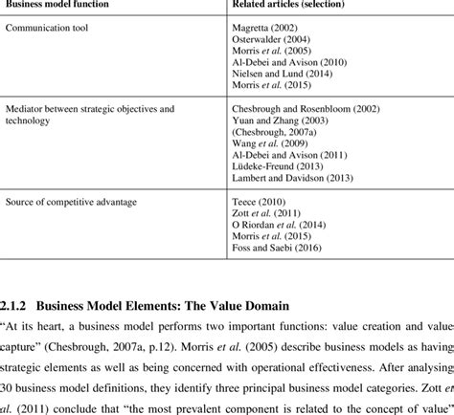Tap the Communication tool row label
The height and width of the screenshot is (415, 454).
point(48,28)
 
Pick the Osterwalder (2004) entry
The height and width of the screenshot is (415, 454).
point(269,39)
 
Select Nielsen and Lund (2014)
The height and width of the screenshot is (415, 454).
point(282,74)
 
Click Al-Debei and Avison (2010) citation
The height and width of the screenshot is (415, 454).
point(290,62)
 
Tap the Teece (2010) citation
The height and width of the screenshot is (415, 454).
point(258,201)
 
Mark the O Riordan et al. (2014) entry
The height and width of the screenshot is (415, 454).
point(278,224)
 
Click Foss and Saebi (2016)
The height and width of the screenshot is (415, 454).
point(276,247)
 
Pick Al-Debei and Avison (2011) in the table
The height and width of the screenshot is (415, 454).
point(290,154)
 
